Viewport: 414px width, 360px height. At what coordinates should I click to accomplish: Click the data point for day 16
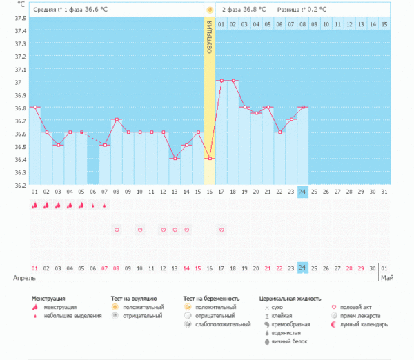[209, 159]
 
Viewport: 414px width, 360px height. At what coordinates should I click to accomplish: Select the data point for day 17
[221, 81]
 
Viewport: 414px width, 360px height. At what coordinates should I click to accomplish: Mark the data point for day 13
[175, 159]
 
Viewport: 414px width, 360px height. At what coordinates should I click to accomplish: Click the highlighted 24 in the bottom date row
[302, 268]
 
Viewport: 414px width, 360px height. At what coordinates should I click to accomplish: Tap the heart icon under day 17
[221, 230]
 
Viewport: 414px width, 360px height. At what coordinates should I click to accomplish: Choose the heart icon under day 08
[117, 230]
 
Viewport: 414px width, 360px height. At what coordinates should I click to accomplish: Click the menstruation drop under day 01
[34, 205]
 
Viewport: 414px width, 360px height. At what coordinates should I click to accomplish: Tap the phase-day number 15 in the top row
[384, 24]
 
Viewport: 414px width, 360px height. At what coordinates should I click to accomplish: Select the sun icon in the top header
[209, 10]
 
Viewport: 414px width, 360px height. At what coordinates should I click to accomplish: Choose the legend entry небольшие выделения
[65, 315]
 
